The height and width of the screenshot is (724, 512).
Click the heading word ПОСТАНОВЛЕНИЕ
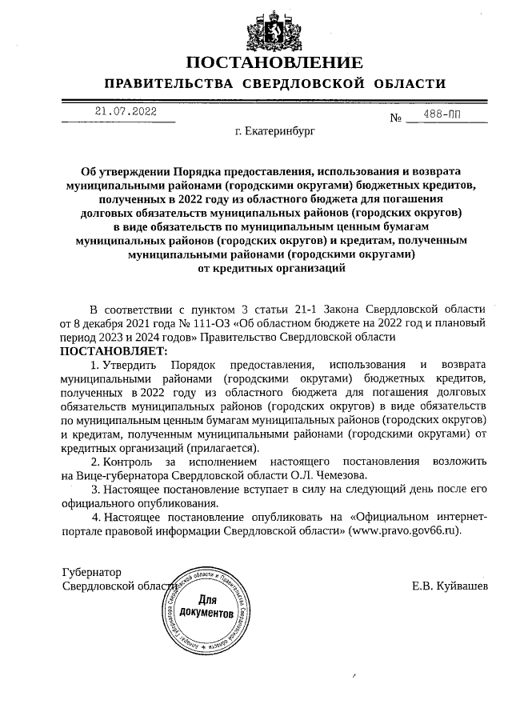point(274,62)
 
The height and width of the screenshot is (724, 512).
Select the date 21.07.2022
point(126,112)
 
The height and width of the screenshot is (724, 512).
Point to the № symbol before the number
point(395,118)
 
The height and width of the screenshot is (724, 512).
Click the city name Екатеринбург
point(281,130)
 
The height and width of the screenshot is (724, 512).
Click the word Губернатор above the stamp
point(91,573)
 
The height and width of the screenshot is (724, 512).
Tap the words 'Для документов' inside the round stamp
point(207,606)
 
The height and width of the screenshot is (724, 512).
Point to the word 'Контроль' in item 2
point(129,462)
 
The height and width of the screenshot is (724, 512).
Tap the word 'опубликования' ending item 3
point(178,504)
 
